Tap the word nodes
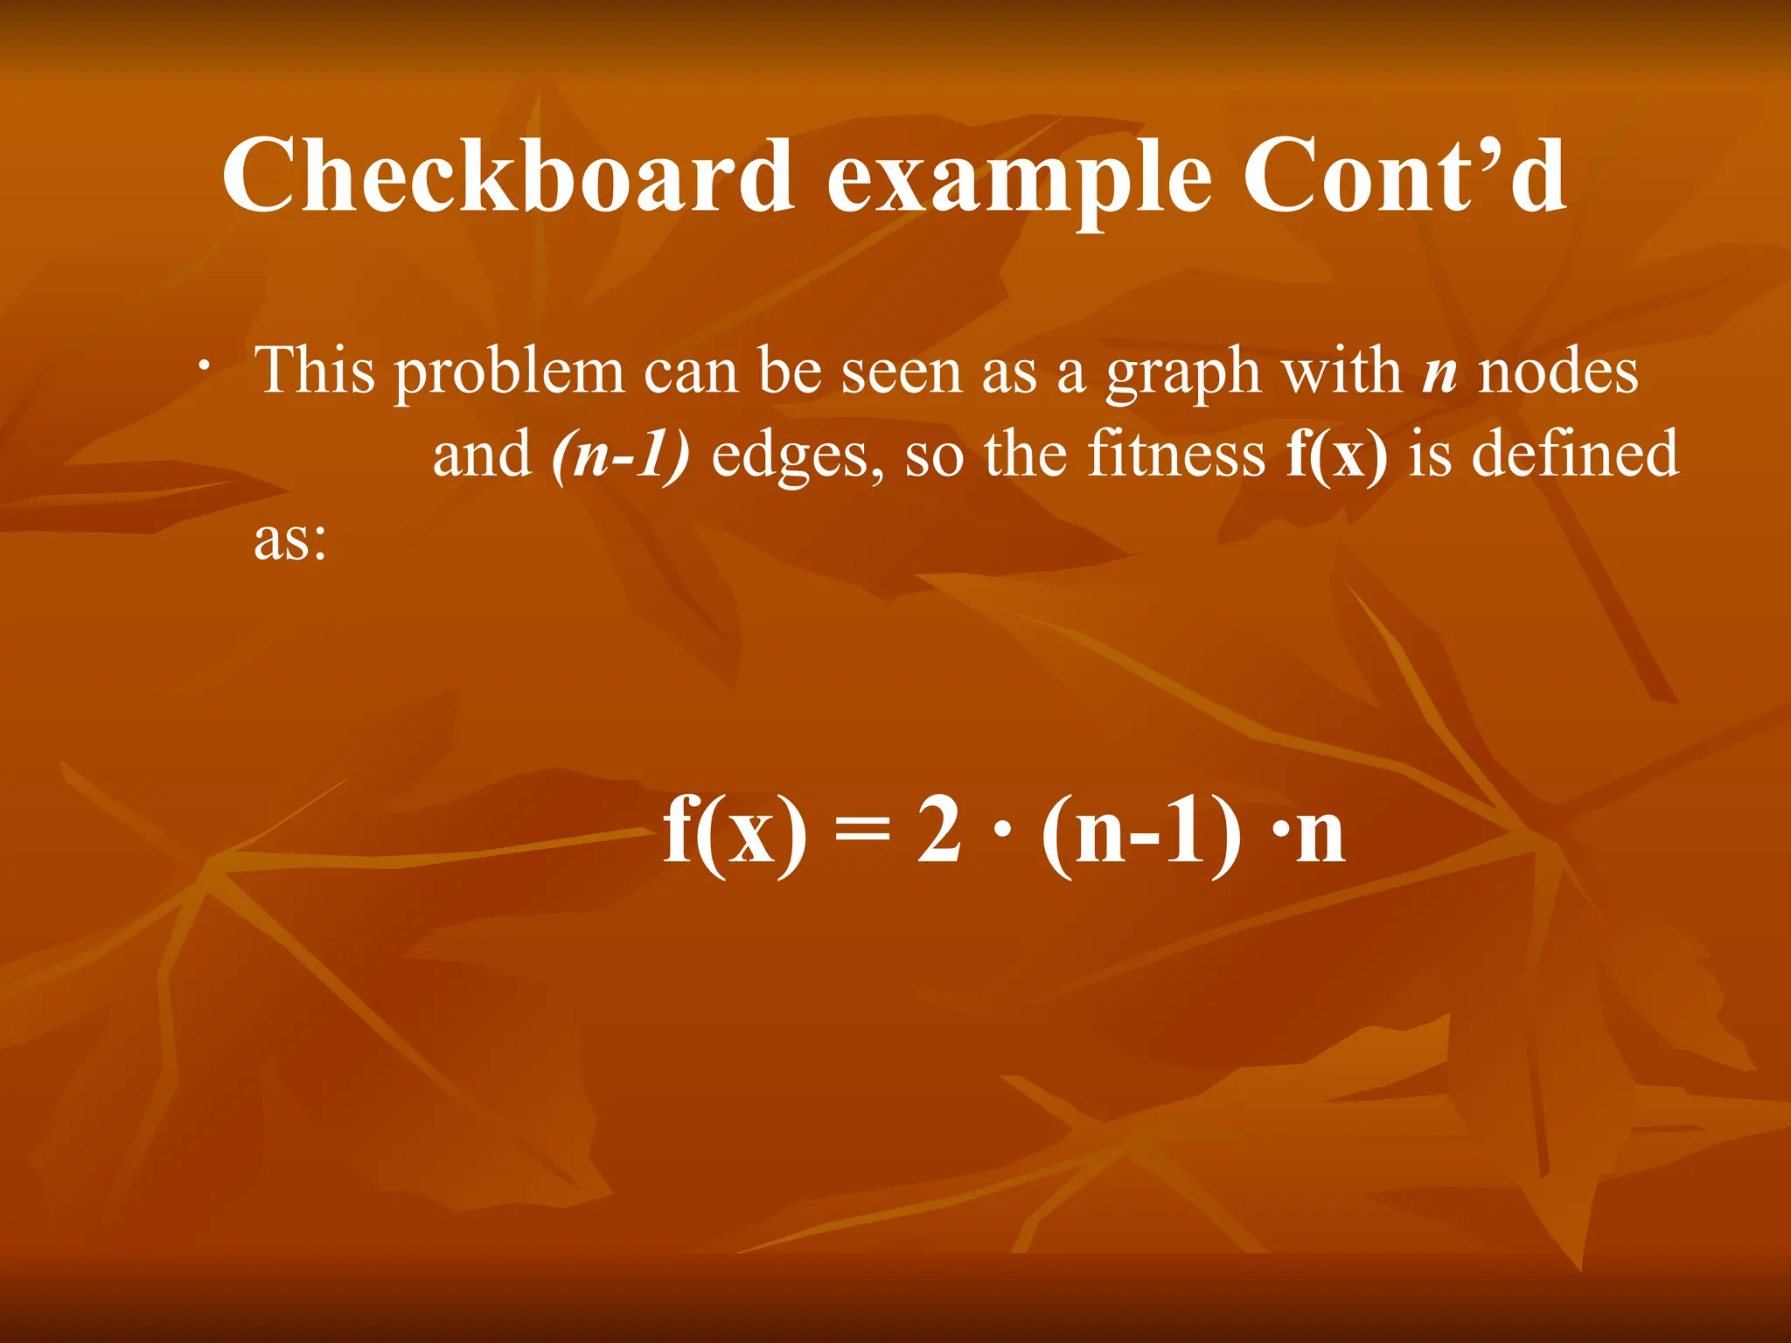point(1558,372)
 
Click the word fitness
point(1176,454)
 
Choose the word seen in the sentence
point(901,371)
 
